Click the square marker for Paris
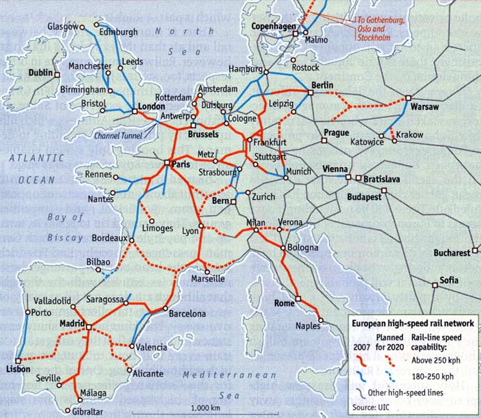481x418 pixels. coord(167,163)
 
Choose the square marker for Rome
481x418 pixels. coord(298,299)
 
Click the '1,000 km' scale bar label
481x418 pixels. coord(205,408)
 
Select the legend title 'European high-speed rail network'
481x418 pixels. coord(413,323)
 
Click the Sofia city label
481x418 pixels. coord(449,280)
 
